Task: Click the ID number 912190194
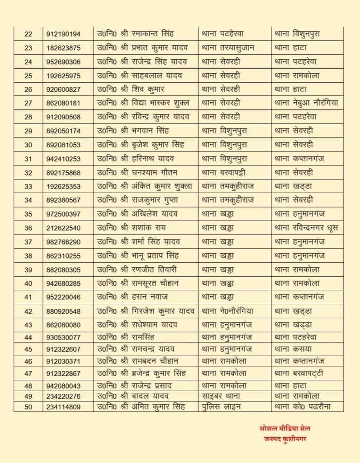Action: tap(63, 34)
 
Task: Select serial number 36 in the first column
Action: tap(28, 228)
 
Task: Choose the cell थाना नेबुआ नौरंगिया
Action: tap(306, 103)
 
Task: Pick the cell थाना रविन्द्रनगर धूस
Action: tap(306, 228)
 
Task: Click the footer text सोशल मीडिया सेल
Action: tap(285, 429)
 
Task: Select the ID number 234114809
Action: tap(63, 407)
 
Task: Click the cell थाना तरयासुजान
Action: tap(228, 48)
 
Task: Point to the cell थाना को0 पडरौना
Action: tap(303, 406)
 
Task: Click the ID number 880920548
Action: tap(63, 312)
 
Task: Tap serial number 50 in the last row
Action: tap(28, 407)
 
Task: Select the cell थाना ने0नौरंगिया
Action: tap(227, 311)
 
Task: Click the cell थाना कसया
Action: tap(293, 349)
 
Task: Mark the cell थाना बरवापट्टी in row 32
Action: tap(223, 173)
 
